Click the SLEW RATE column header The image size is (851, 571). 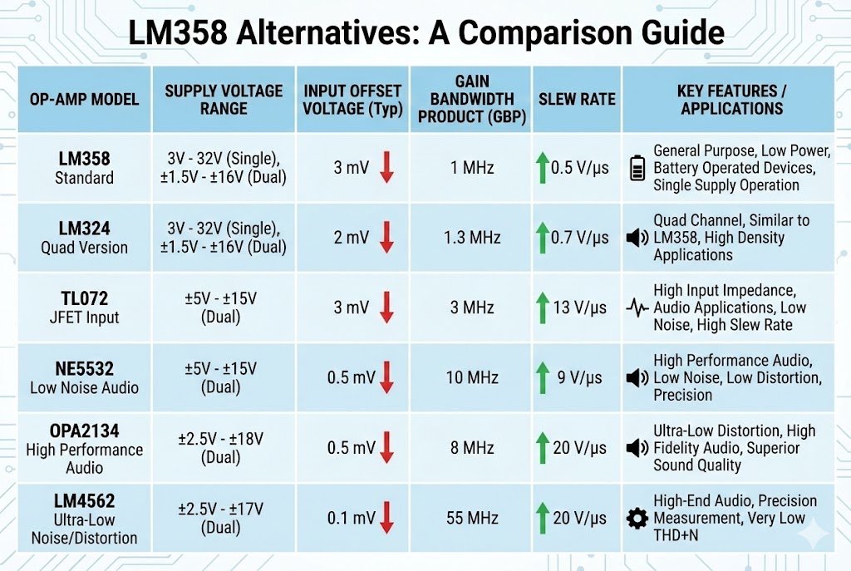577,99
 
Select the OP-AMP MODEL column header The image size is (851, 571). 84,100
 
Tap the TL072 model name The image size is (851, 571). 84,298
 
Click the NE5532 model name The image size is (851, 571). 84,369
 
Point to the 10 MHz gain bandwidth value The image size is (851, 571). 472,377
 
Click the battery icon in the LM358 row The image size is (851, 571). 637,168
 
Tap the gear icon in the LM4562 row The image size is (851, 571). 637,519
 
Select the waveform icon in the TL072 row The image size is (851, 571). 637,308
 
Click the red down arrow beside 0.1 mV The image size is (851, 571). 386,518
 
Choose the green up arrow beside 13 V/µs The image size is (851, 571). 543,308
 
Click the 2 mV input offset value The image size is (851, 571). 352,238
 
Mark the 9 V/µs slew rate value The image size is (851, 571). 579,377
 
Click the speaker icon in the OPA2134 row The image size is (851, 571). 637,448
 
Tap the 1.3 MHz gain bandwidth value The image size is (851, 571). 472,238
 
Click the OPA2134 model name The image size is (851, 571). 84,431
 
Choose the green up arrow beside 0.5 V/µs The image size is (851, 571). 543,168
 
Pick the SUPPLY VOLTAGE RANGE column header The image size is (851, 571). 224,99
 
